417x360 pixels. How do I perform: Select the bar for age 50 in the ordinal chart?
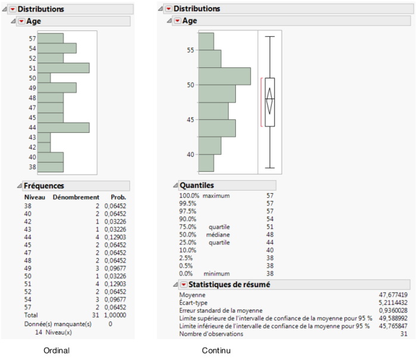[44, 78]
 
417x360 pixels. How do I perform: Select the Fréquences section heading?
[43, 186]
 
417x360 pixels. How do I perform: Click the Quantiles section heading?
[197, 185]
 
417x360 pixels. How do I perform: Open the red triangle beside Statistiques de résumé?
[185, 284]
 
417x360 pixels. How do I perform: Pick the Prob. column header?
[119, 197]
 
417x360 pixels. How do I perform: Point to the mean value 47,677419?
[391, 294]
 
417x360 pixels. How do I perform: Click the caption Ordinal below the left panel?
[57, 350]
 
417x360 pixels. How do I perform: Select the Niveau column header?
[35, 197]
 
